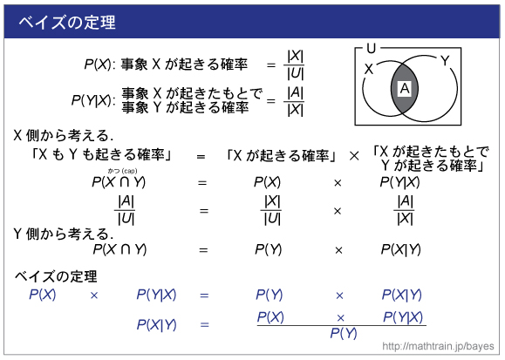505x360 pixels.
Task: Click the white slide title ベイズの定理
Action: (67, 23)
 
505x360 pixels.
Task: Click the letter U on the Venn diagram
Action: (371, 49)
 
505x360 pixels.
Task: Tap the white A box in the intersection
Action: (405, 89)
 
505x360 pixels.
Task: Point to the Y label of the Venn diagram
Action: (445, 60)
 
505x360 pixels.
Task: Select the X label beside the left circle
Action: (368, 69)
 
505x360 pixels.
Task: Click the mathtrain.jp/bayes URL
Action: (438, 346)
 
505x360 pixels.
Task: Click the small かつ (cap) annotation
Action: (122, 171)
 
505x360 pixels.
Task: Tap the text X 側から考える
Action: (63, 136)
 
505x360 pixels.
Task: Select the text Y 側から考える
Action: (63, 234)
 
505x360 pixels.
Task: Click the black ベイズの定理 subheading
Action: (56, 276)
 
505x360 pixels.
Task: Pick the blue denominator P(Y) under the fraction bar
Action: (344, 334)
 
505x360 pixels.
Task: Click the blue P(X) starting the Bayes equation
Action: (42, 295)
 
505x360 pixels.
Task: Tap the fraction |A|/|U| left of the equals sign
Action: (126, 211)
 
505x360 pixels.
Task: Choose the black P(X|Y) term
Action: (400, 249)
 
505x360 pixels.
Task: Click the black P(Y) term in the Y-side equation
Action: (268, 249)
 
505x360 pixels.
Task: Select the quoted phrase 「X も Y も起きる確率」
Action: (101, 155)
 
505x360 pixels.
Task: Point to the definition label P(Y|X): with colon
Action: (93, 100)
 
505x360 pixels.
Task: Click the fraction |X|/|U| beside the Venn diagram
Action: (295, 65)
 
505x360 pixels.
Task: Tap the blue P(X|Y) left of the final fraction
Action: (156, 325)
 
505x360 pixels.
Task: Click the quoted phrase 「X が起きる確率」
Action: (282, 157)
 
